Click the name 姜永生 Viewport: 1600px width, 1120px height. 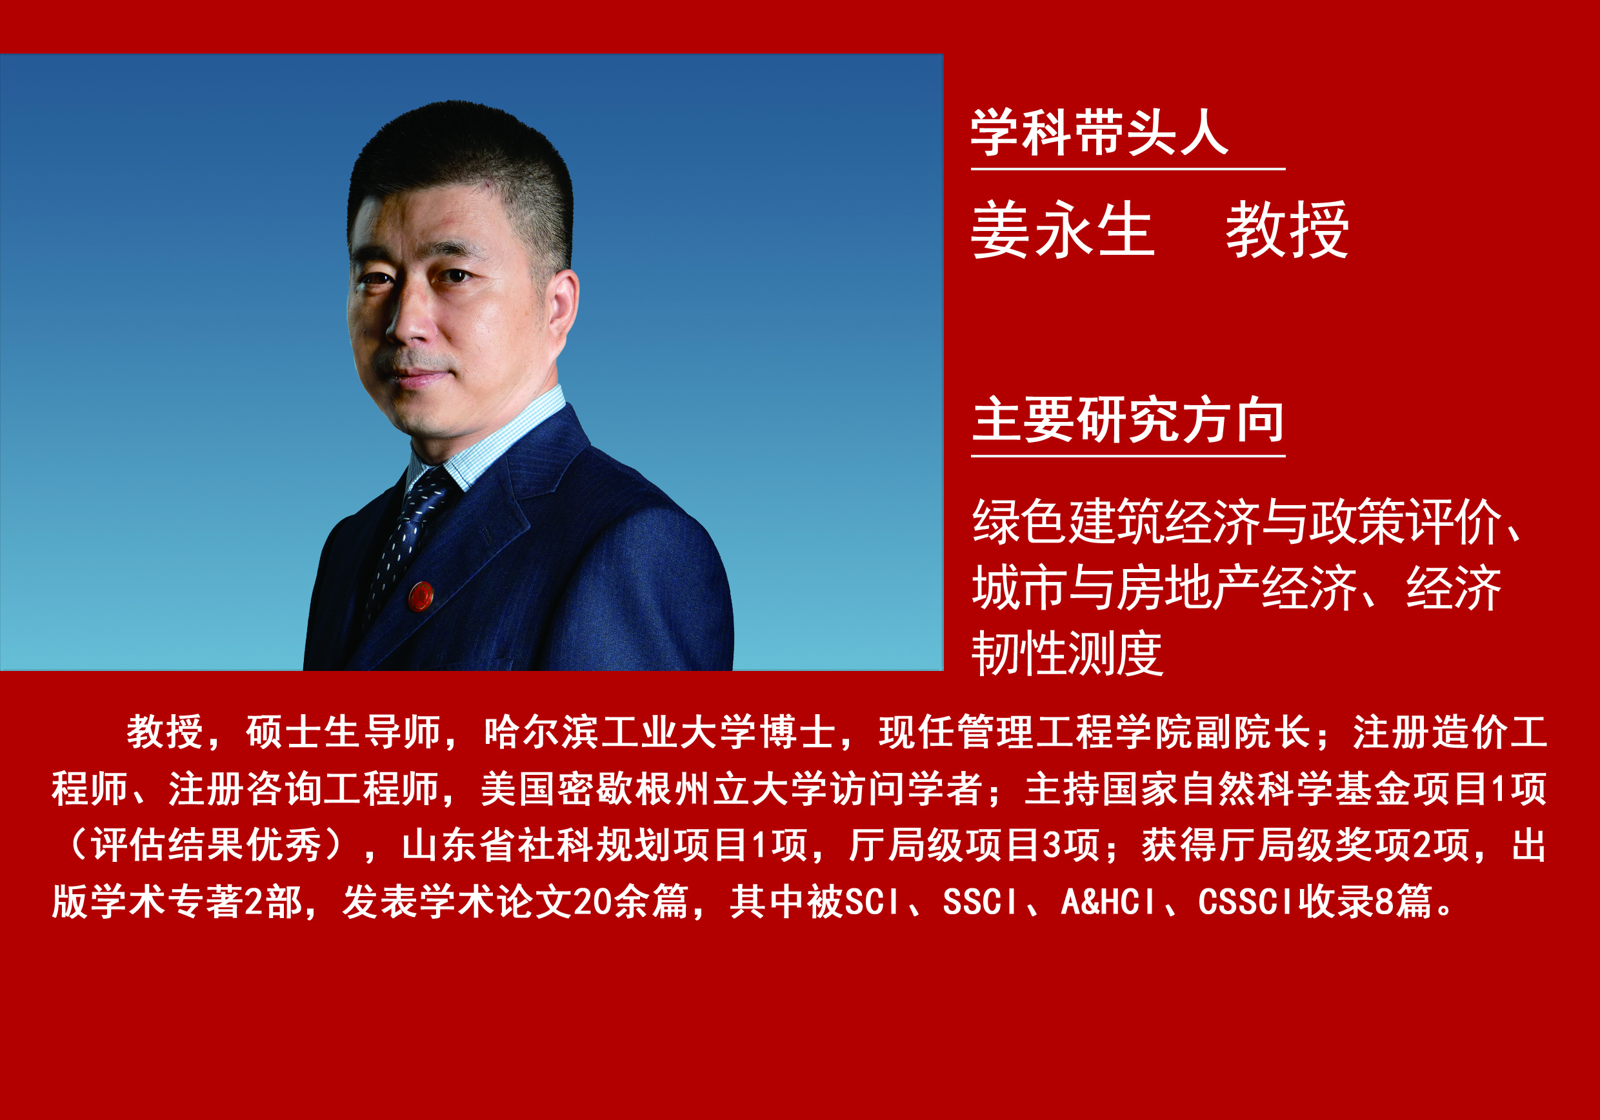[x=1062, y=230]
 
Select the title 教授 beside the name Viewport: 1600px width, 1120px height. [x=1287, y=230]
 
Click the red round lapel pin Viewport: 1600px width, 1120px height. [x=421, y=596]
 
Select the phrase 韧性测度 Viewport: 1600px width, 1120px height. [x=1067, y=654]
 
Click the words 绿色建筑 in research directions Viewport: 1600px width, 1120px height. [x=1067, y=521]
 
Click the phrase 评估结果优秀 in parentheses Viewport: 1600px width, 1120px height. [x=206, y=845]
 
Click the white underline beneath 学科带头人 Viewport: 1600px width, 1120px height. [x=1128, y=168]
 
